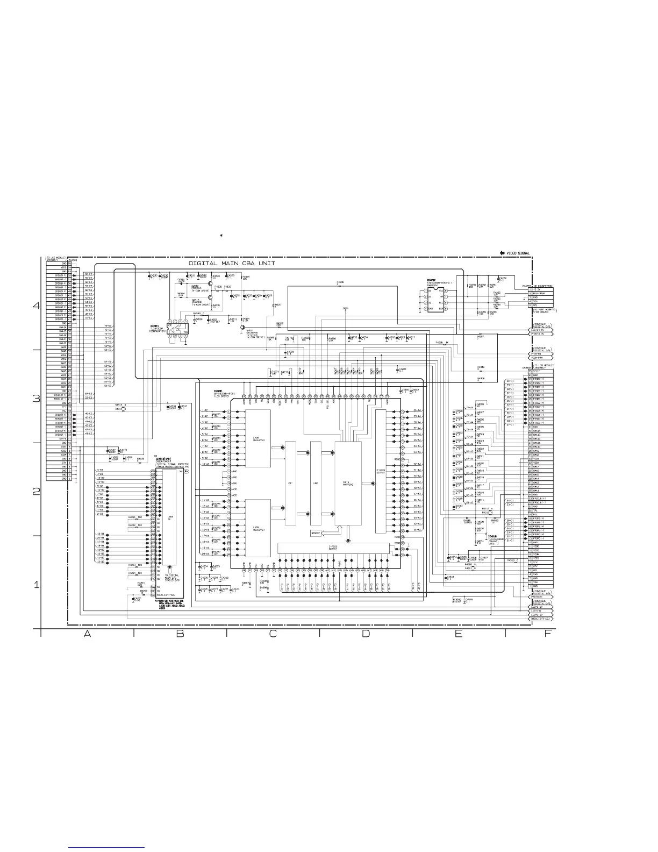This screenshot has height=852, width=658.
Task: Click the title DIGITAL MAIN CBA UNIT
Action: click(x=232, y=264)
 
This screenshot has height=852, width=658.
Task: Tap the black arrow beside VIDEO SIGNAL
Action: click(x=502, y=252)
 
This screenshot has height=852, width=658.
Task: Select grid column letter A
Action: click(x=87, y=634)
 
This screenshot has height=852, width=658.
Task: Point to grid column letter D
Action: click(x=366, y=634)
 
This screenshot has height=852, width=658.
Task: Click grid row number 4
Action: click(x=36, y=306)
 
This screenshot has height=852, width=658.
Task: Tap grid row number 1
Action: click(x=36, y=585)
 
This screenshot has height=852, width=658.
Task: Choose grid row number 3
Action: click(x=36, y=399)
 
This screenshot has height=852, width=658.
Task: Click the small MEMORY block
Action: click(x=316, y=533)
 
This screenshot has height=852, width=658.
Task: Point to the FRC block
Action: click(x=316, y=483)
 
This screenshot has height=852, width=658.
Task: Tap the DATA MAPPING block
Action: click(x=347, y=483)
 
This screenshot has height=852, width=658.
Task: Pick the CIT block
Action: click(x=290, y=483)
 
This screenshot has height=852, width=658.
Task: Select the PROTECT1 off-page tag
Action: click(x=540, y=597)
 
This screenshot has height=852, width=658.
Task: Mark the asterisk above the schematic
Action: click(x=221, y=236)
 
